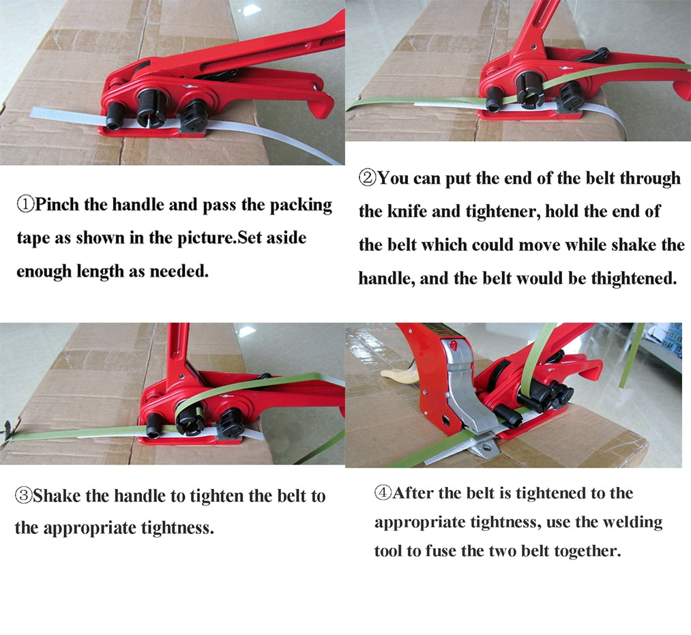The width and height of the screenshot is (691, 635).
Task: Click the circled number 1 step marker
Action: coord(25,205)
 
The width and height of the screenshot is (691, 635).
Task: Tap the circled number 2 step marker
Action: coord(367,178)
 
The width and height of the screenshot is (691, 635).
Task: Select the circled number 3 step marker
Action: coord(24,496)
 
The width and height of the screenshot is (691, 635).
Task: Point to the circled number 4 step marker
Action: coord(383,492)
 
